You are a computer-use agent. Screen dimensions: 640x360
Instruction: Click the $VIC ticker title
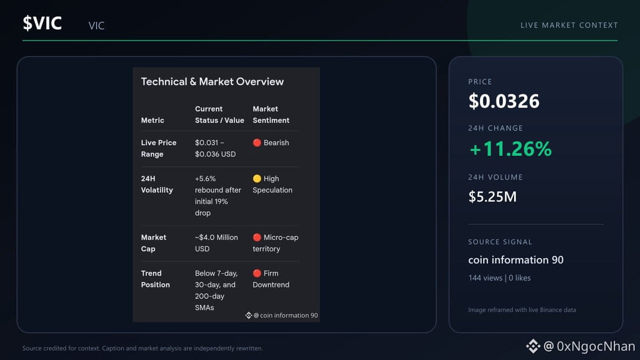pyautogui.click(x=42, y=23)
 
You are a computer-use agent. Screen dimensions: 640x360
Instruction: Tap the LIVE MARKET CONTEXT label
pyautogui.click(x=569, y=25)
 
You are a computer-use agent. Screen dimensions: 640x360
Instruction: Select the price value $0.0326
pyautogui.click(x=504, y=101)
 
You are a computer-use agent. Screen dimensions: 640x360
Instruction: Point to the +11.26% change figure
pyautogui.click(x=510, y=149)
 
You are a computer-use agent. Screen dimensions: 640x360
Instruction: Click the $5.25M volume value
pyautogui.click(x=493, y=197)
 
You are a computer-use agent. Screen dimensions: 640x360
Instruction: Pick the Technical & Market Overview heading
pyautogui.click(x=212, y=82)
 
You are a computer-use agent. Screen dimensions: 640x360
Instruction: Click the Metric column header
pyautogui.click(x=153, y=121)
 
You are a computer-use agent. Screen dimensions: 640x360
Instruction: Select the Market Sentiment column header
pyautogui.click(x=271, y=115)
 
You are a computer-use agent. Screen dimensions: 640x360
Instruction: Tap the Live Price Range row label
pyautogui.click(x=158, y=148)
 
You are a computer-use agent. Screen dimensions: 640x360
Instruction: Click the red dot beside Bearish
pyautogui.click(x=257, y=142)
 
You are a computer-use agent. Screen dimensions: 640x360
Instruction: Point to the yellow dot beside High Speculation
pyautogui.click(x=257, y=179)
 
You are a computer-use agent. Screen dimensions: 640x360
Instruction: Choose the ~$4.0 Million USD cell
pyautogui.click(x=217, y=243)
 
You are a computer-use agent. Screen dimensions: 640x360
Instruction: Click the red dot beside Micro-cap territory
pyautogui.click(x=257, y=237)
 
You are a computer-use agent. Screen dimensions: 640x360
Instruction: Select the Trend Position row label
pyautogui.click(x=155, y=279)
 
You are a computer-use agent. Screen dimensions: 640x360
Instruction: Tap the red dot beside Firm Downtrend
pyautogui.click(x=257, y=274)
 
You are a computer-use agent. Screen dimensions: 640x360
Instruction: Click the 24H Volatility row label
pyautogui.click(x=157, y=185)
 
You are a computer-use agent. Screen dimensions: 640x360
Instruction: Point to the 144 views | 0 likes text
pyautogui.click(x=499, y=278)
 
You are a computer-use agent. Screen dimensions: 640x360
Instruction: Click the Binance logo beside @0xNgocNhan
pyautogui.click(x=533, y=346)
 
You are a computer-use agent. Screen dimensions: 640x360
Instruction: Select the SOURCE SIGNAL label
pyautogui.click(x=500, y=242)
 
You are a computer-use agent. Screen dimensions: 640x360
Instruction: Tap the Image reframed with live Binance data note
pyautogui.click(x=522, y=310)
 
